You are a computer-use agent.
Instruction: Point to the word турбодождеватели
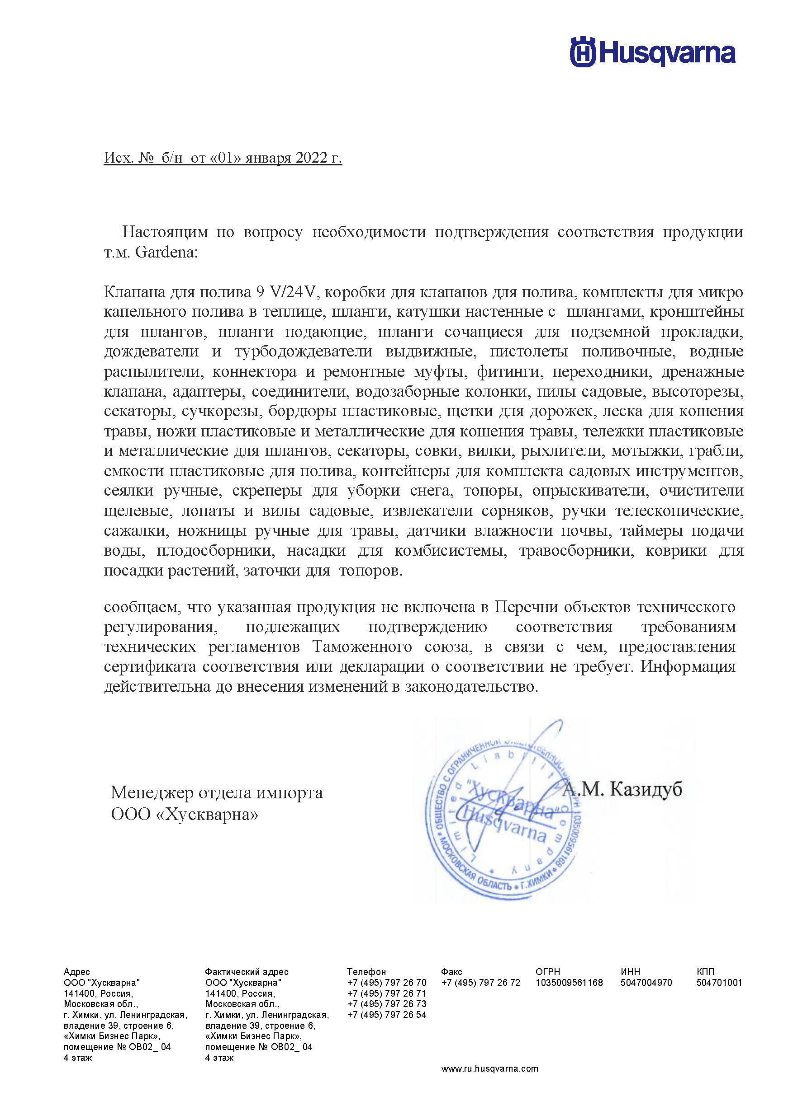pos(303,351)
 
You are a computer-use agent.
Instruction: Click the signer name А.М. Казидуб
pos(622,788)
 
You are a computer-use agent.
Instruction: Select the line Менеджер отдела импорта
pos(217,792)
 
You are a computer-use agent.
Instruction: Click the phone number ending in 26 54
pos(386,1015)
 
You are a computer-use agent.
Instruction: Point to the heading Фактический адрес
pos(247,972)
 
